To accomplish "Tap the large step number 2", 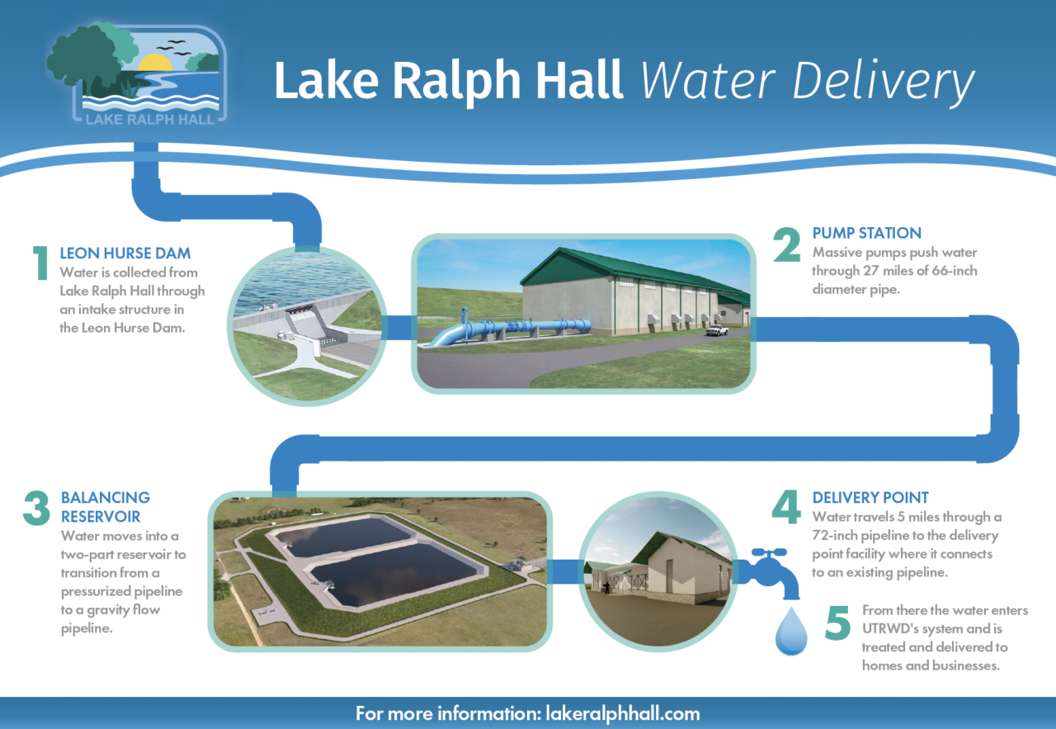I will coord(788,244).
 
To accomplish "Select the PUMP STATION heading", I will coord(866,233).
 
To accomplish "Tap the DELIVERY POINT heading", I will coord(870,498).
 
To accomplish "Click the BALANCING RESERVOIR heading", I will coord(106,507).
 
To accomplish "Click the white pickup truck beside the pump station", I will coord(717,330).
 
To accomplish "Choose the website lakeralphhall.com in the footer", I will coord(620,713).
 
